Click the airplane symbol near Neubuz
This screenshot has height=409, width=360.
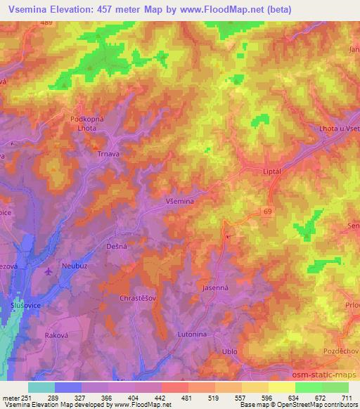point(47,271)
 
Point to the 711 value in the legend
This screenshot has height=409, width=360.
point(347,397)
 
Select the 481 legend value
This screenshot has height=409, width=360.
point(187,397)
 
